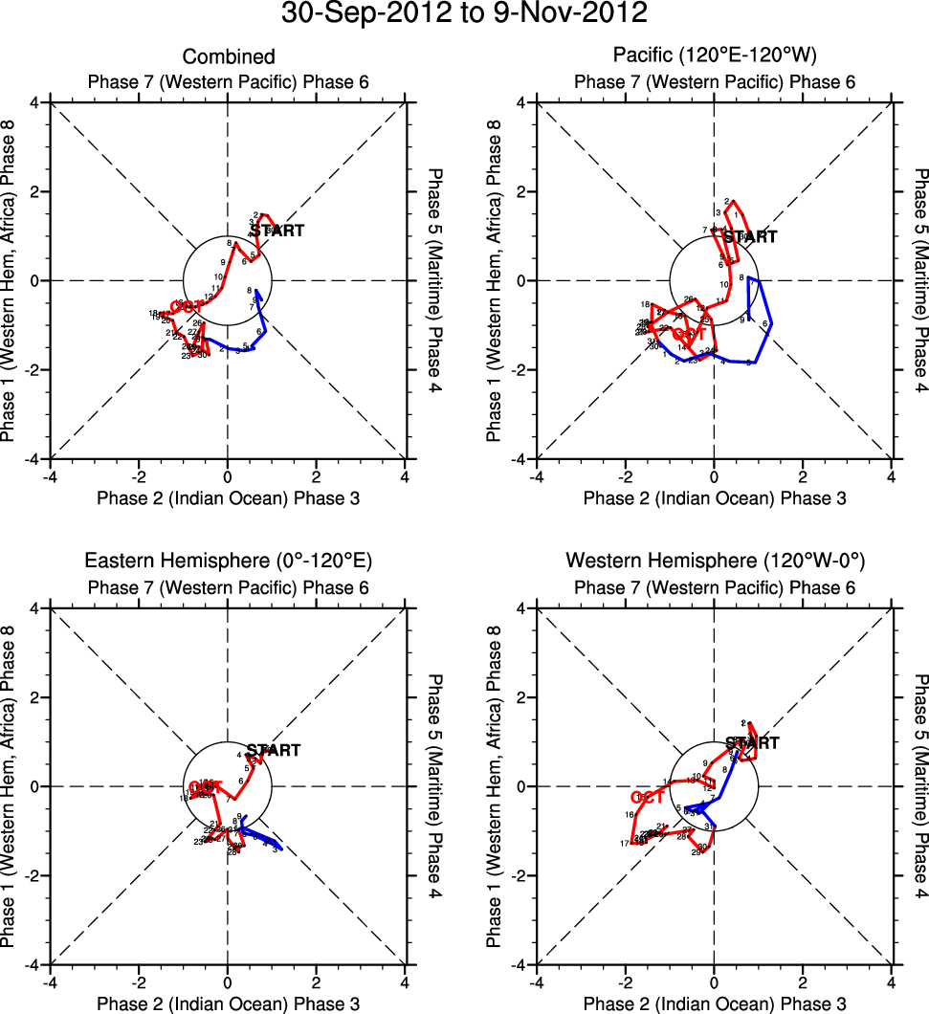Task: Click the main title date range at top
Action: [464, 13]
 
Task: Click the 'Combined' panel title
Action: [229, 57]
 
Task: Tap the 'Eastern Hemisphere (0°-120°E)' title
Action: [228, 560]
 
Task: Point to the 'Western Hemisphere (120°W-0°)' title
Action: [714, 560]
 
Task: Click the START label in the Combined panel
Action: [278, 231]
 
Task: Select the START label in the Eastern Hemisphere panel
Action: [274, 751]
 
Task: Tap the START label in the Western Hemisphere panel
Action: [753, 742]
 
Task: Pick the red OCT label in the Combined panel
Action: [187, 306]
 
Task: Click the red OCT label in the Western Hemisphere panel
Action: [648, 797]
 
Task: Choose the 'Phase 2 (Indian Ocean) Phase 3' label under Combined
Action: [228, 497]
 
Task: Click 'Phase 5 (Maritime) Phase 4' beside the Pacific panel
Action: [920, 280]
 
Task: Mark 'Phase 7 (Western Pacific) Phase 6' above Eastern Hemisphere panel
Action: [228, 587]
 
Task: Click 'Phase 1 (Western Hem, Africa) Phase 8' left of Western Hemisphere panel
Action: [494, 786]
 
